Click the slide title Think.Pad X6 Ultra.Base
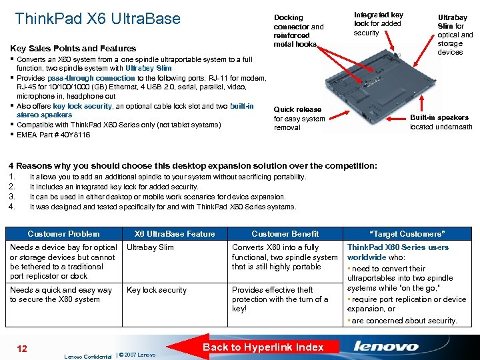click(97, 19)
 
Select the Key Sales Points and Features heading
click(73, 48)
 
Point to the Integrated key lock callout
click(378, 23)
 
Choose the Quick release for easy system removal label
click(299, 119)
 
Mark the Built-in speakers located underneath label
click(441, 122)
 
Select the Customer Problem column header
click(63, 233)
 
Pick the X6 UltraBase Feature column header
click(175, 233)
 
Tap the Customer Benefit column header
click(285, 233)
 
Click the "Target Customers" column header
click(407, 233)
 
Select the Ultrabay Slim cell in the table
click(150, 247)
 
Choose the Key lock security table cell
click(157, 290)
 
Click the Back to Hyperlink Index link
click(263, 347)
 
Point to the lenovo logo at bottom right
click(386, 347)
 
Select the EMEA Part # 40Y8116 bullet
click(53, 135)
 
